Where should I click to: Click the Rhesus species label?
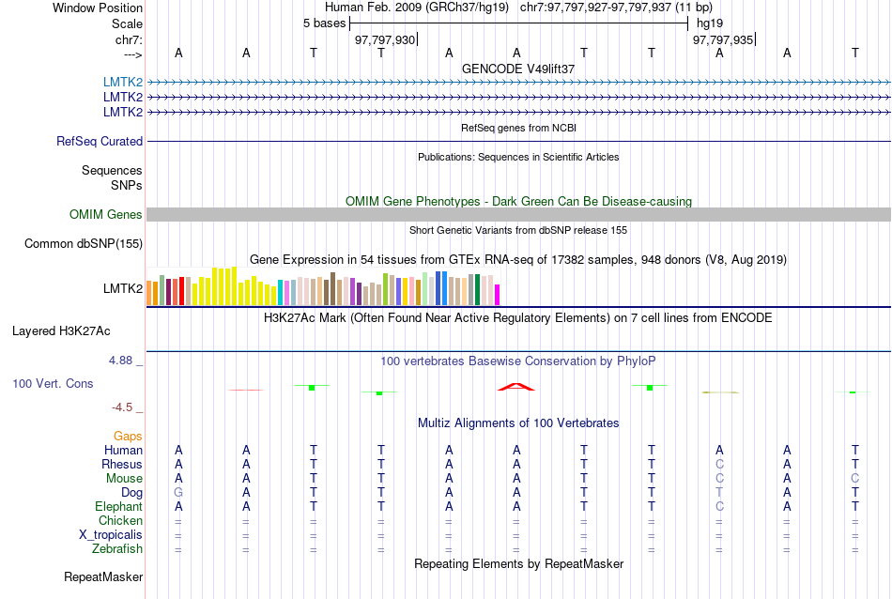click(122, 464)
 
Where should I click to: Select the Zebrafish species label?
click(117, 549)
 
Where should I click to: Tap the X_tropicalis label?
click(111, 535)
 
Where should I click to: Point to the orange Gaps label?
click(128, 436)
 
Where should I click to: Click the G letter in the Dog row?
click(178, 493)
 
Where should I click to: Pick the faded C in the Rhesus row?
click(719, 464)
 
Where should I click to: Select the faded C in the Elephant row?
click(719, 506)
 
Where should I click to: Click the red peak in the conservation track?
click(516, 387)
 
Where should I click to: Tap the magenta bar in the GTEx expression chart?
click(498, 295)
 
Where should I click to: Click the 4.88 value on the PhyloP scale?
click(120, 361)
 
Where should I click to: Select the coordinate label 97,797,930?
click(385, 39)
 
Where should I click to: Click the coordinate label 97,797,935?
click(722, 39)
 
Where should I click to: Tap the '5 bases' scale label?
click(324, 23)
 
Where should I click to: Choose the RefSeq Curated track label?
click(100, 141)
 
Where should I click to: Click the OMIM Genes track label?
click(106, 214)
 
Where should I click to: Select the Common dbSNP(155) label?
click(84, 243)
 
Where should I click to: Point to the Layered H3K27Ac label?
click(61, 331)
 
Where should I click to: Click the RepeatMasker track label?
click(103, 576)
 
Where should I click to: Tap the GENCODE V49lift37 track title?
click(518, 69)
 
